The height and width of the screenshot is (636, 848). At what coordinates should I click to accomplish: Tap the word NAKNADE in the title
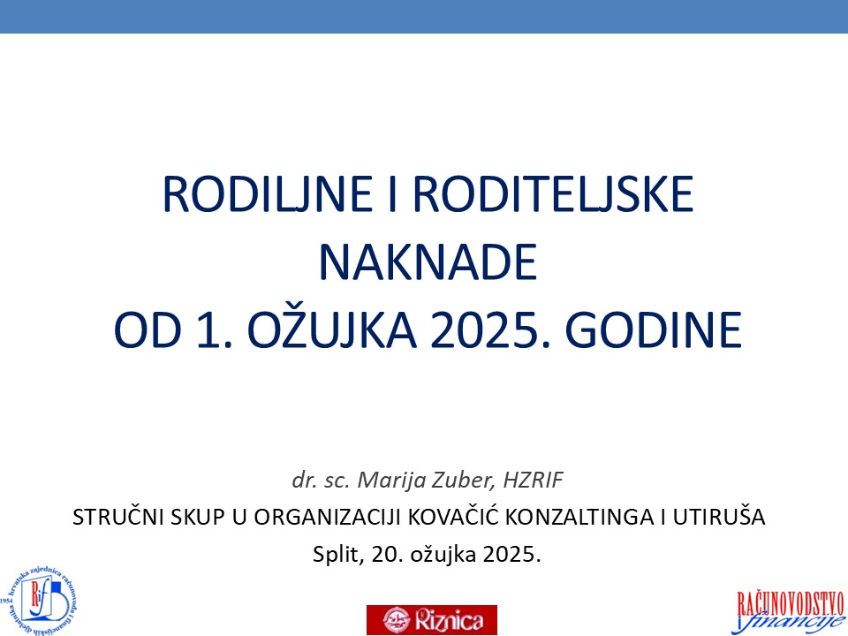428,263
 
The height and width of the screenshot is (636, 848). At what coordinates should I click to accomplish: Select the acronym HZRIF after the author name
533,480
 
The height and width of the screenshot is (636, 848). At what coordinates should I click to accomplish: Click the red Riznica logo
432,619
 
